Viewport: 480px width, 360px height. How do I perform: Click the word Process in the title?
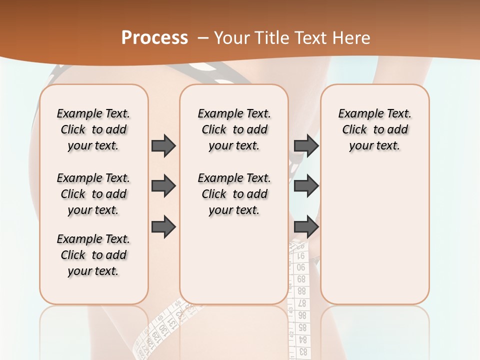(154, 38)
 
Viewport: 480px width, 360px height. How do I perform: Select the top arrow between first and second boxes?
(163, 145)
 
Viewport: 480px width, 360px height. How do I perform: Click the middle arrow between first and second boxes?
(163, 186)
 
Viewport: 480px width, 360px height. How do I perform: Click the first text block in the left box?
(93, 129)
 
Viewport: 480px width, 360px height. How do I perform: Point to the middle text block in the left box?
(93, 194)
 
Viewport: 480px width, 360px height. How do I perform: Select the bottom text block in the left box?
(93, 255)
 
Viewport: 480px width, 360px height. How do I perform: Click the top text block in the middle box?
(234, 129)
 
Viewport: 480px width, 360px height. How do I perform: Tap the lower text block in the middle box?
(234, 194)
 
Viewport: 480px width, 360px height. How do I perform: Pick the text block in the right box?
(374, 129)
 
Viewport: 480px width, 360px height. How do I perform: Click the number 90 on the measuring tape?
(301, 267)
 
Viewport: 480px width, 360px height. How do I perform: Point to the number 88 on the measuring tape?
(301, 290)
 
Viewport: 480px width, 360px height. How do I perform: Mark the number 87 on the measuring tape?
(301, 303)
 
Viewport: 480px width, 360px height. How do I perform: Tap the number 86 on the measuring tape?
(302, 315)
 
